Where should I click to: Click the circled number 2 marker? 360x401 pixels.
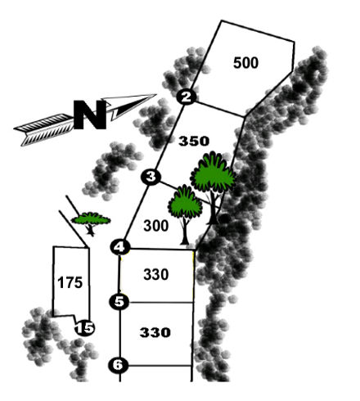187,97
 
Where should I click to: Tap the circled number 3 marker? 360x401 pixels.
151,177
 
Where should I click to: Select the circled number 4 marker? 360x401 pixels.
120,247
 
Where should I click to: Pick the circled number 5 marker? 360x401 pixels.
119,302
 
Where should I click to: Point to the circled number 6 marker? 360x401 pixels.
119,365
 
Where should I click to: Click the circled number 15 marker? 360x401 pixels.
85,328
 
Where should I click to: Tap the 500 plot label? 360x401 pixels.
245,62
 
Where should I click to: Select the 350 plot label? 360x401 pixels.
194,142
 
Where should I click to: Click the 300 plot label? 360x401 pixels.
156,226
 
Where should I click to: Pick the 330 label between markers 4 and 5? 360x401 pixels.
156,274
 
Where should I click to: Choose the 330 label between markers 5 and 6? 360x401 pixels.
155,332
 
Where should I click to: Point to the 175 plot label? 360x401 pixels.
70,282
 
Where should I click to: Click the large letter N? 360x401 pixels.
90,115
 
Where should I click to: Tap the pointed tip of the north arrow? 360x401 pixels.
156,94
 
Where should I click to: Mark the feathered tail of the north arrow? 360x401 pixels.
43,129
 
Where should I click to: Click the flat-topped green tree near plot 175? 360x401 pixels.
91,220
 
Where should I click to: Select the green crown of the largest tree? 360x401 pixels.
213,172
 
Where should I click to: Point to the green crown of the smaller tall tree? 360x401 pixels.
185,201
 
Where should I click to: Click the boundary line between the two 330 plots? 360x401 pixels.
161,302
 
